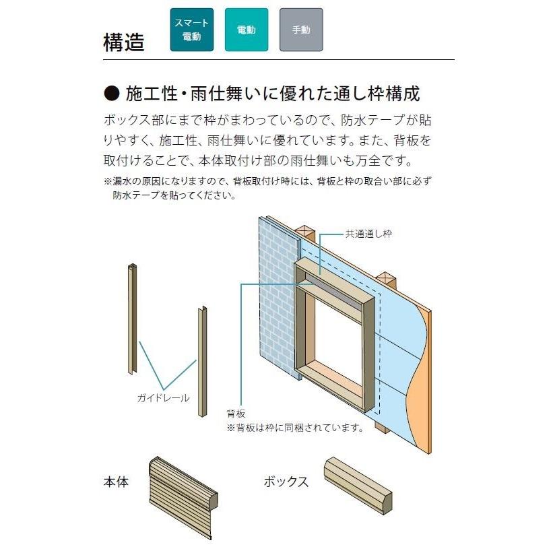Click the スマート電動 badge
click(x=191, y=30)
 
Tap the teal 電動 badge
click(x=246, y=30)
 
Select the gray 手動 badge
click(x=300, y=30)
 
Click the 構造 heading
click(x=124, y=42)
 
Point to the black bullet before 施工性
click(x=112, y=93)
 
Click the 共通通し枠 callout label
click(x=368, y=234)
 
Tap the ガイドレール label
click(x=162, y=397)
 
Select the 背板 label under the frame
click(x=236, y=414)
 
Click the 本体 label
click(x=116, y=482)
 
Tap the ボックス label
click(x=286, y=482)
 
